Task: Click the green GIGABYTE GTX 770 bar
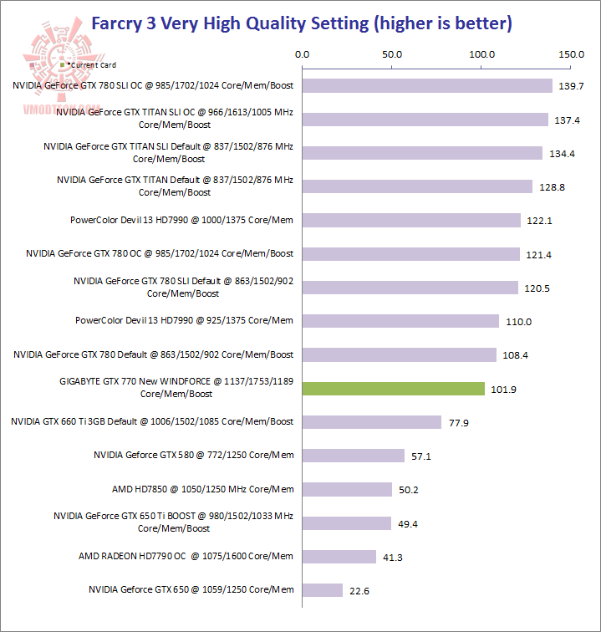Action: click(x=393, y=389)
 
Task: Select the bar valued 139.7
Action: click(x=427, y=85)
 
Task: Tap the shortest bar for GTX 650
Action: click(x=323, y=590)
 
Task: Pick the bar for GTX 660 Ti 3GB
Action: click(x=372, y=422)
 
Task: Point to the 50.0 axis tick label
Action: click(x=392, y=55)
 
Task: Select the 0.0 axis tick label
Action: click(x=303, y=55)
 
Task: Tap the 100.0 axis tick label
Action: click(x=481, y=55)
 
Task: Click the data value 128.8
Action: click(x=552, y=187)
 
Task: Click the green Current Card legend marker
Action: click(x=63, y=64)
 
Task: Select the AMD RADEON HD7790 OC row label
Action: click(x=186, y=556)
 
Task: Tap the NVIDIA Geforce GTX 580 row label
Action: click(x=193, y=456)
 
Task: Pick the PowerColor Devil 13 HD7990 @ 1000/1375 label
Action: click(x=182, y=220)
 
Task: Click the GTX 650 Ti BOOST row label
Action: click(x=174, y=522)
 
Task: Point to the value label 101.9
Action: click(x=504, y=390)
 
